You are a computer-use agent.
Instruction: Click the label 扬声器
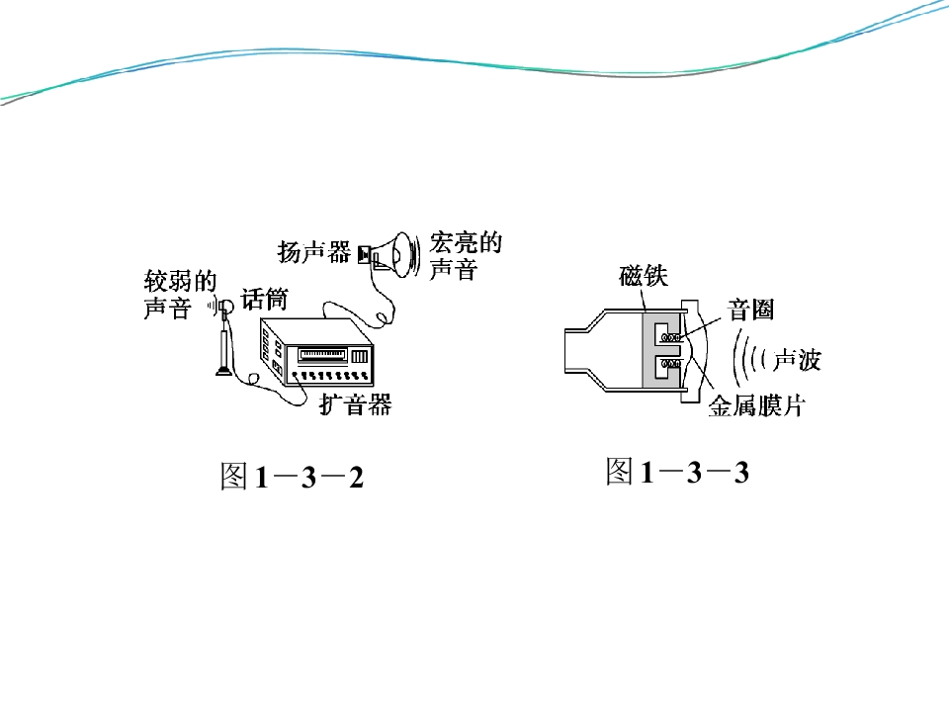click(x=314, y=252)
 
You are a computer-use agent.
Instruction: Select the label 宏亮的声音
click(x=466, y=255)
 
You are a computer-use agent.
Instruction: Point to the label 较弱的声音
click(x=180, y=295)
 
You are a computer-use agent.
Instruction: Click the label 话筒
click(x=265, y=299)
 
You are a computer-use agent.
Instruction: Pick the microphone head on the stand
click(x=226, y=308)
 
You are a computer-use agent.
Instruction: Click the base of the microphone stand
click(x=223, y=371)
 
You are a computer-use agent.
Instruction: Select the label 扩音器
click(x=356, y=403)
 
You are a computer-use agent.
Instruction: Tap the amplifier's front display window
click(x=322, y=354)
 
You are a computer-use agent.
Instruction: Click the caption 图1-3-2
click(x=292, y=476)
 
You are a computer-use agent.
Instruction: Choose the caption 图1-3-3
click(x=677, y=471)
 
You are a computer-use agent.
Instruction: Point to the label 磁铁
click(x=644, y=276)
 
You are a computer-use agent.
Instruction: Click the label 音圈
click(x=750, y=310)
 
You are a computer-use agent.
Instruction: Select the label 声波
click(x=797, y=360)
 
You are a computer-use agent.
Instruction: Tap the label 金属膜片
click(x=756, y=405)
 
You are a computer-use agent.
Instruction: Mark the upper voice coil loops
click(x=670, y=337)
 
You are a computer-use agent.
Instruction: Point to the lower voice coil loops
click(x=670, y=363)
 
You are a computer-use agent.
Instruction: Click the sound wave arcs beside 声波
click(x=750, y=358)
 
